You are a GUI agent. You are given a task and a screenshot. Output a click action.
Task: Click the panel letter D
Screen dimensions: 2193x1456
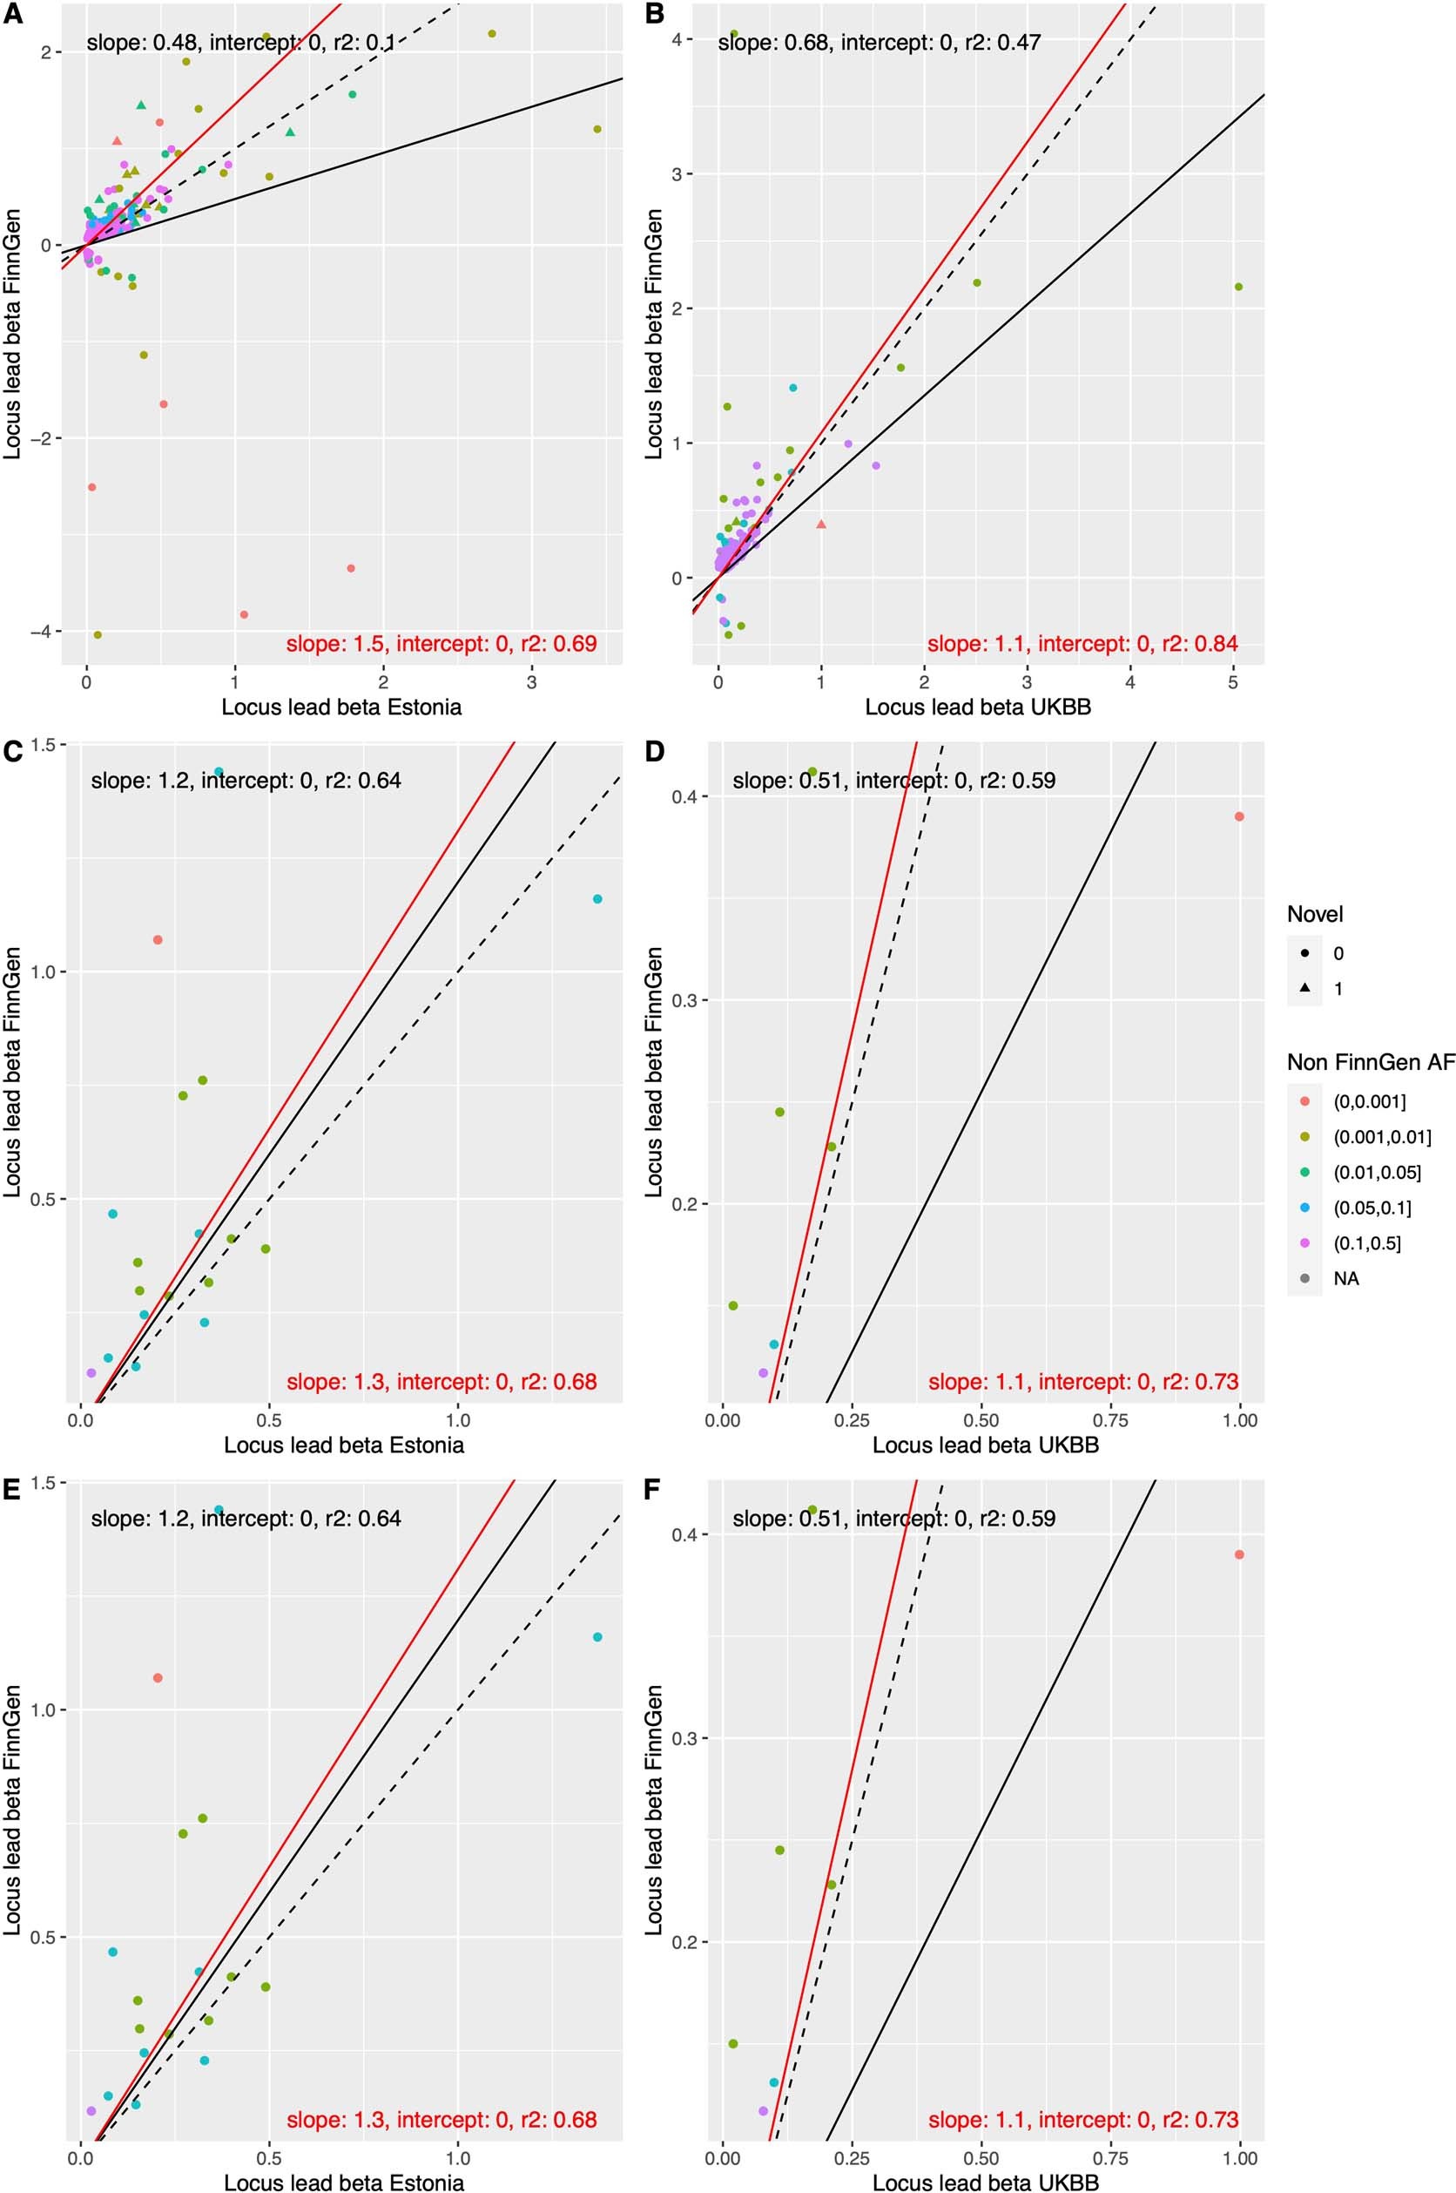coord(654,750)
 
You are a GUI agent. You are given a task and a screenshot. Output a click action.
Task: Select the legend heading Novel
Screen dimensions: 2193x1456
coord(1314,914)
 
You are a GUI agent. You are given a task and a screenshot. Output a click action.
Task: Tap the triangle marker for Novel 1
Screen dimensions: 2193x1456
coord(1304,988)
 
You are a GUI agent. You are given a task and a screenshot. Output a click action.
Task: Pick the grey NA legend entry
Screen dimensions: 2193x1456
coord(1345,1278)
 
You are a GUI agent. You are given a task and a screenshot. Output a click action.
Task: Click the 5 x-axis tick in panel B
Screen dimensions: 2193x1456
coord(1233,681)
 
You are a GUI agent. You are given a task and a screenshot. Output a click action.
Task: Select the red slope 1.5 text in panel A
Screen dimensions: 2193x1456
coord(442,643)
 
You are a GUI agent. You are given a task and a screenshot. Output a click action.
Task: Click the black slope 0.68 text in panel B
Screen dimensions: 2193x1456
coord(879,42)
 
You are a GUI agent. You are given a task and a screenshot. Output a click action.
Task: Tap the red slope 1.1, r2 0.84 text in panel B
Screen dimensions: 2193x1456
coord(1082,643)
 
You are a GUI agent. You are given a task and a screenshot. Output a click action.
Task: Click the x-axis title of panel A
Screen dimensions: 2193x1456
coord(340,707)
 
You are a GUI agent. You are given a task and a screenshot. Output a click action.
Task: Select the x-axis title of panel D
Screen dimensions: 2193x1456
coord(985,1445)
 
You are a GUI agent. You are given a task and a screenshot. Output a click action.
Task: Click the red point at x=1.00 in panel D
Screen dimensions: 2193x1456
coord(1238,816)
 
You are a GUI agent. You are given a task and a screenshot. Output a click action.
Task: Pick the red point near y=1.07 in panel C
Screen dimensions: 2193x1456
coord(158,940)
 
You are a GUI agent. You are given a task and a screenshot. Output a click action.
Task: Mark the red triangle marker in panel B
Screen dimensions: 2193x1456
coord(821,524)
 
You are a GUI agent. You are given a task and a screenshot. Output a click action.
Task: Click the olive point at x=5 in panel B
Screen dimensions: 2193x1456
coord(1237,287)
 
